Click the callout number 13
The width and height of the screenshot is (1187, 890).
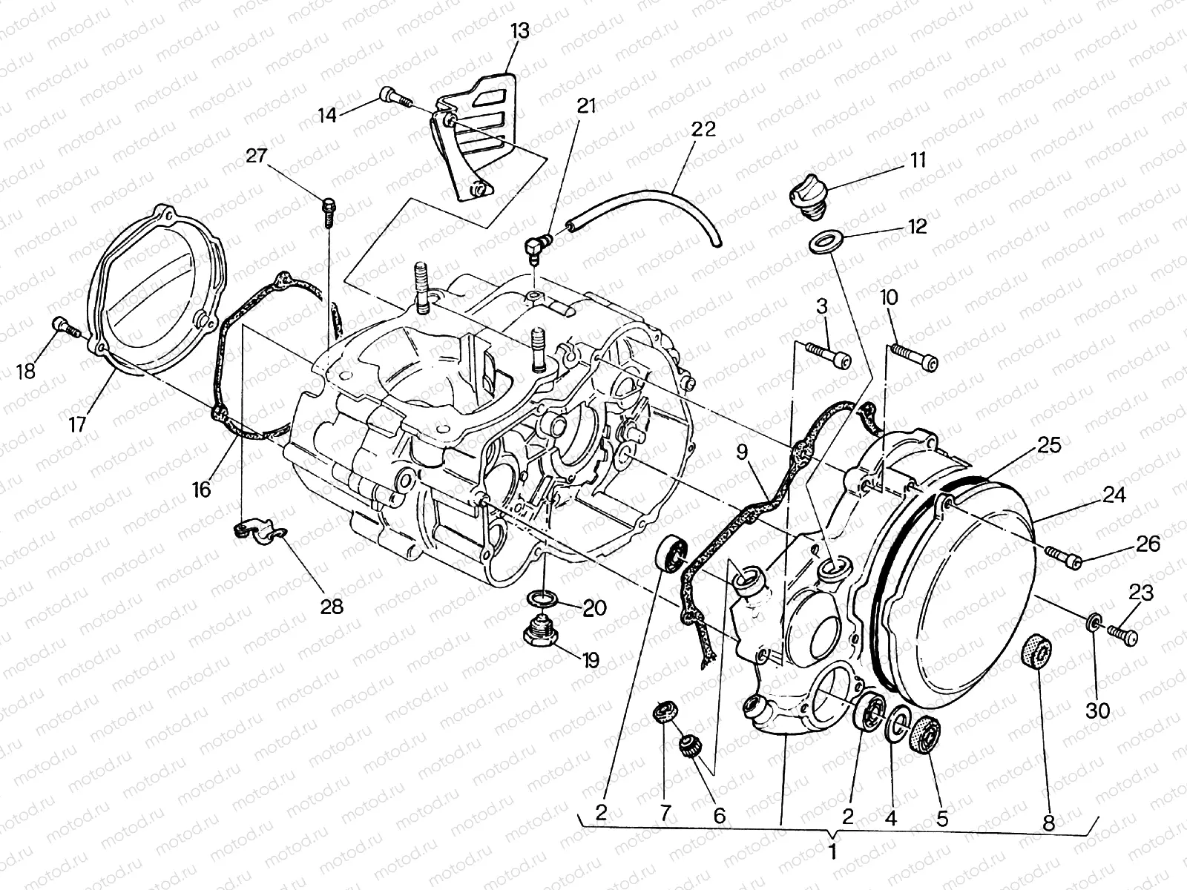(x=520, y=32)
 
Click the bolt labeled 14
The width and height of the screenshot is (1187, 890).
(x=394, y=96)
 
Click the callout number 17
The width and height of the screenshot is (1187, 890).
(x=78, y=423)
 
